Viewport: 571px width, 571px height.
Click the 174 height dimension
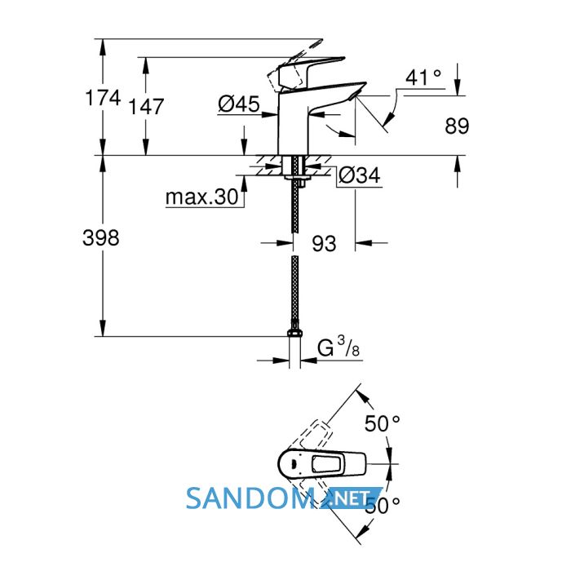click(x=103, y=98)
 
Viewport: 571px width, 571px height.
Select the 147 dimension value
click(x=146, y=106)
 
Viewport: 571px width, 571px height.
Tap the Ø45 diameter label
click(x=238, y=104)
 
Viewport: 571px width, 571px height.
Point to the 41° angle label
click(x=423, y=77)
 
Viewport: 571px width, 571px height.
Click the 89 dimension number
click(x=457, y=126)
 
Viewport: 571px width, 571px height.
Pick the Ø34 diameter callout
click(x=359, y=175)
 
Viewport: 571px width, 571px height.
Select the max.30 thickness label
click(x=201, y=197)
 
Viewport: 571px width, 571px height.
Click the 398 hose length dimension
click(x=101, y=238)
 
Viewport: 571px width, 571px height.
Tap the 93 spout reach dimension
click(x=324, y=243)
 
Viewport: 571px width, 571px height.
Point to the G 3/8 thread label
click(x=339, y=347)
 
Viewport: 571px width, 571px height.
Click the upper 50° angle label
click(x=383, y=423)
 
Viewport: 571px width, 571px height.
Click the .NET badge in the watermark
click(x=351, y=498)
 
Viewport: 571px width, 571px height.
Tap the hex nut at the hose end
click(x=295, y=333)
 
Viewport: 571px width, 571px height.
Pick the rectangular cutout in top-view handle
click(x=326, y=464)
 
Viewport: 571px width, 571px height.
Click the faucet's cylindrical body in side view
click(x=294, y=124)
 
